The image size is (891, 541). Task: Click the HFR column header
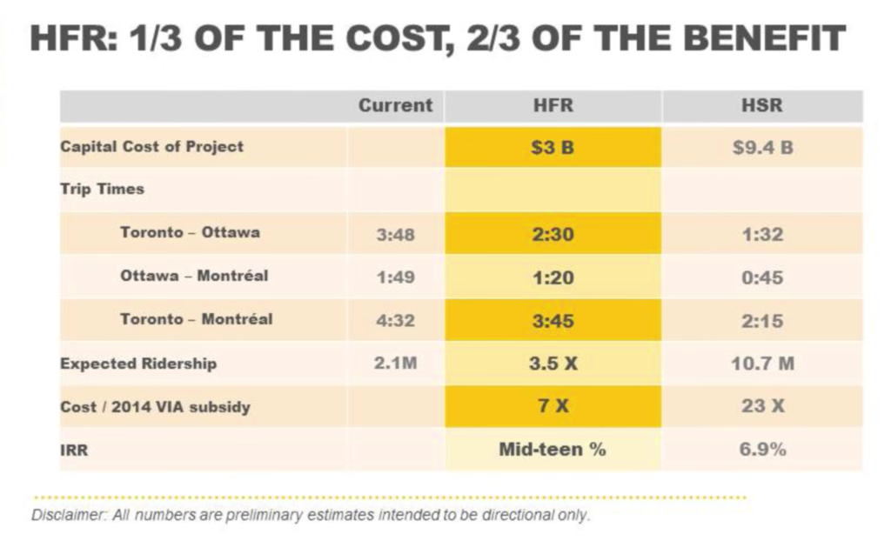tap(553, 105)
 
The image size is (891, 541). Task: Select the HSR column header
tap(762, 105)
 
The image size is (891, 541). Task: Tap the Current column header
tap(395, 105)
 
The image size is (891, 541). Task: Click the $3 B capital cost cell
tap(553, 147)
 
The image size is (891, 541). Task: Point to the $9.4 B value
tap(762, 147)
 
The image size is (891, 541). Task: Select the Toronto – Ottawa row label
tap(190, 232)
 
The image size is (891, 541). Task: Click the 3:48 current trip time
tap(395, 234)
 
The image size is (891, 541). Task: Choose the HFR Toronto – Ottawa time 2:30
tap(553, 234)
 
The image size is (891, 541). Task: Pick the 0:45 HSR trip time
tap(762, 277)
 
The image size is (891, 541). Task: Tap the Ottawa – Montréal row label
tap(194, 276)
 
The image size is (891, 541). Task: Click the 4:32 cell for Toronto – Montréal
tap(395, 321)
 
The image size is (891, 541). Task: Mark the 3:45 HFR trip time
tap(553, 321)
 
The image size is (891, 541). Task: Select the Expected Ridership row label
tap(138, 364)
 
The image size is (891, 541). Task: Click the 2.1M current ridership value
tap(395, 363)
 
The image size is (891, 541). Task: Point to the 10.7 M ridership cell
tap(762, 364)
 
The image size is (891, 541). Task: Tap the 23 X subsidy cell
tap(762, 407)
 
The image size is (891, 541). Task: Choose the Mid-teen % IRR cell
tap(553, 450)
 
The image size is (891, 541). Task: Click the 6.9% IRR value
tap(762, 450)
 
